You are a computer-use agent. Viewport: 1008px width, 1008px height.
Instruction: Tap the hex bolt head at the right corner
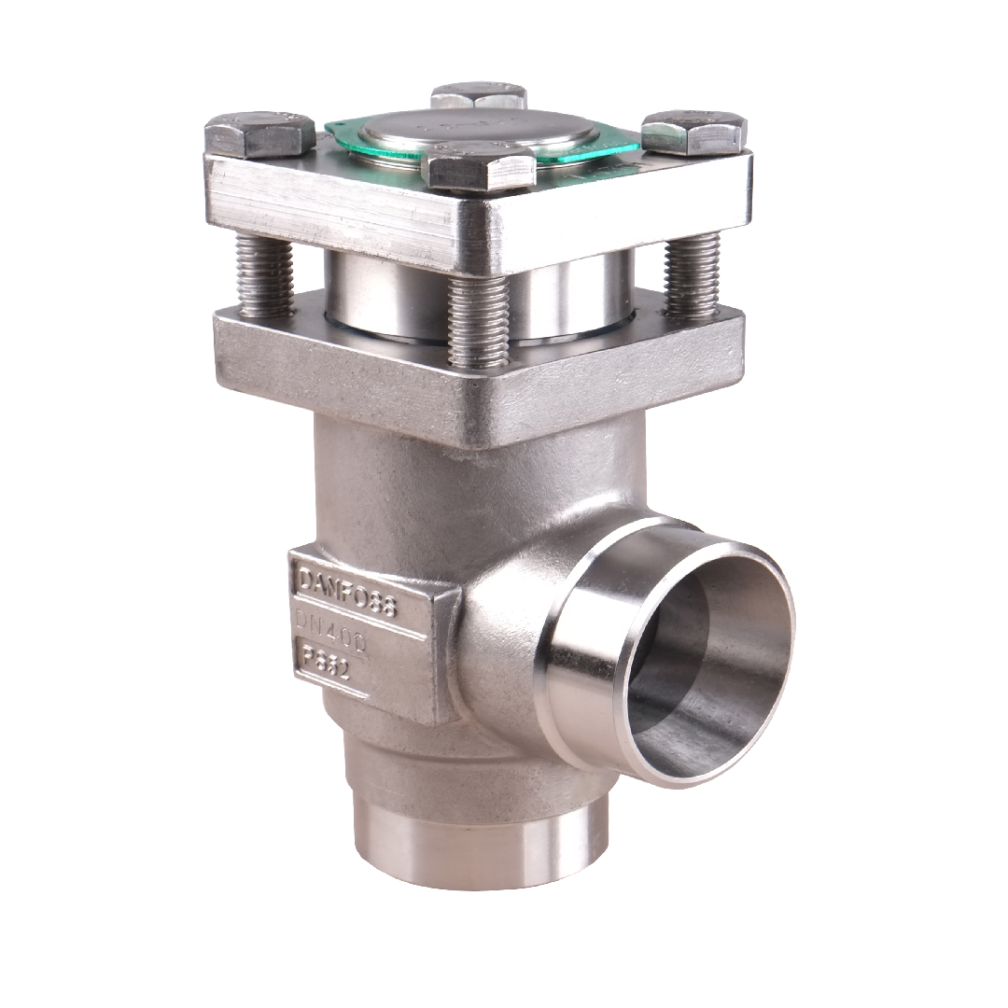pos(693,132)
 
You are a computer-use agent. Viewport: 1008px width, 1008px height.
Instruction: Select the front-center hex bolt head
pos(479,169)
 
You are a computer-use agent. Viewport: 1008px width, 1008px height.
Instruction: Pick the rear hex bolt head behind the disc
pos(479,95)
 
